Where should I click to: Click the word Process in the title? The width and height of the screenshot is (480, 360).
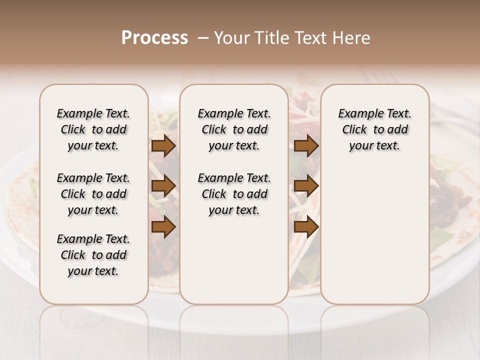[154, 38]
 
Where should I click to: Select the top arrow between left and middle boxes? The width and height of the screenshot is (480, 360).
[163, 146]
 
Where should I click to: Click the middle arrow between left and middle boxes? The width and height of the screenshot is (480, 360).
[163, 186]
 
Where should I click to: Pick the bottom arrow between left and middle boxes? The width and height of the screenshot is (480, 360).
[163, 227]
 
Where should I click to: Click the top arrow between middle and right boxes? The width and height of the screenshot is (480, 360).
[306, 146]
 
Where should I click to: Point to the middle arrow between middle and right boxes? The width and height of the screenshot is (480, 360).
[306, 186]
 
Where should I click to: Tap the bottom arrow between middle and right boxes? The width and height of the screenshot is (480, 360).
[306, 227]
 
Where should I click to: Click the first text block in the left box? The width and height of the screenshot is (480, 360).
[93, 130]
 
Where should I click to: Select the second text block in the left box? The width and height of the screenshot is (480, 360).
[93, 194]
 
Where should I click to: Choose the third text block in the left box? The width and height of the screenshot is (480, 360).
[93, 255]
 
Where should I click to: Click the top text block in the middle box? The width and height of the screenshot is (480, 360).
[234, 130]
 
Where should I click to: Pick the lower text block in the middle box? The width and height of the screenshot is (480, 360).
[234, 194]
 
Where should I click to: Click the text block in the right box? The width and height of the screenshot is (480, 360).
[374, 130]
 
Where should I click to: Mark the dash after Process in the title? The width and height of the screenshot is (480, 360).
[202, 38]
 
